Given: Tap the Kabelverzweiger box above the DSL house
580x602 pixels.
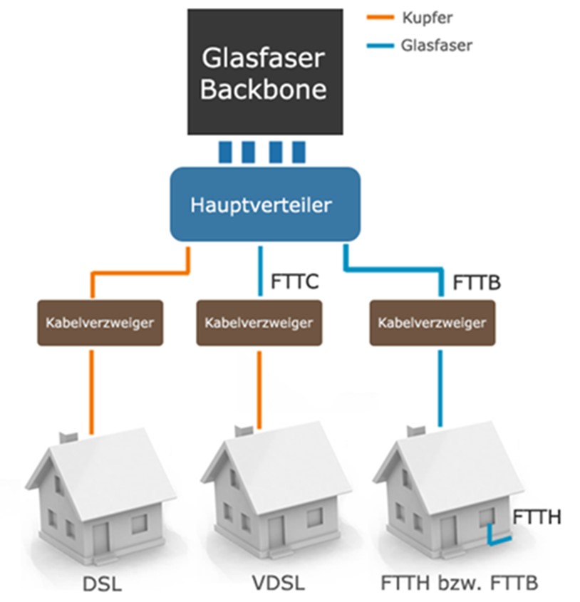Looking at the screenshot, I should tap(90, 322).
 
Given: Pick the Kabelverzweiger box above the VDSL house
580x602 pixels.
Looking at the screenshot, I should tap(259, 322).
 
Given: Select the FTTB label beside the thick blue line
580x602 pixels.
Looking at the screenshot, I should tap(477, 283).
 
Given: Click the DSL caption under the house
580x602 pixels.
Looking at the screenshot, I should tap(102, 586).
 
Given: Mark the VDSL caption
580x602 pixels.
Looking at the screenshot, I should tap(279, 586).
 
